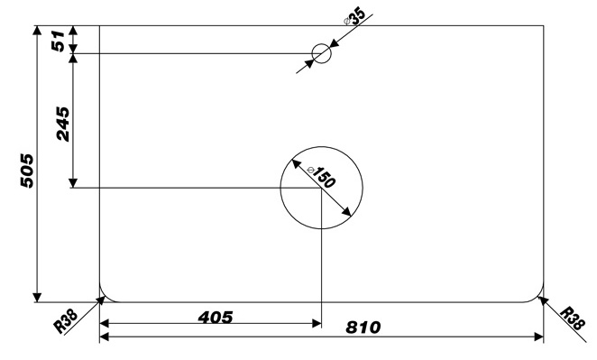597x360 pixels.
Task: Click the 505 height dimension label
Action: [27, 171]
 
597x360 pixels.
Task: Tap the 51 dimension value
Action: [59, 41]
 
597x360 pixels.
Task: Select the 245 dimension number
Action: [63, 125]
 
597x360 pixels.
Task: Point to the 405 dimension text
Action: [216, 318]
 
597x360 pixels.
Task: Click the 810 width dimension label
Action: [363, 328]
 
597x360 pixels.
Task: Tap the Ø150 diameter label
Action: [321, 177]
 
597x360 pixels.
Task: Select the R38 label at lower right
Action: [573, 318]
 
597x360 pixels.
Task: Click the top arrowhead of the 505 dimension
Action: [37, 31]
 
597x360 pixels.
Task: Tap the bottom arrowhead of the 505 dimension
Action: [37, 297]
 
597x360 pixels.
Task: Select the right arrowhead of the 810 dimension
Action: [538, 337]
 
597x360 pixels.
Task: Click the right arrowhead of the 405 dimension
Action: [317, 323]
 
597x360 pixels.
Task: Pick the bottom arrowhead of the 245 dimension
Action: [73, 183]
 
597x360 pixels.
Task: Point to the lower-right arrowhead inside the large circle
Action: [346, 212]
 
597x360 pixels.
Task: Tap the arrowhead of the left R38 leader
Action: [101, 300]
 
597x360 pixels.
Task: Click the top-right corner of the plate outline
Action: [543, 25]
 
